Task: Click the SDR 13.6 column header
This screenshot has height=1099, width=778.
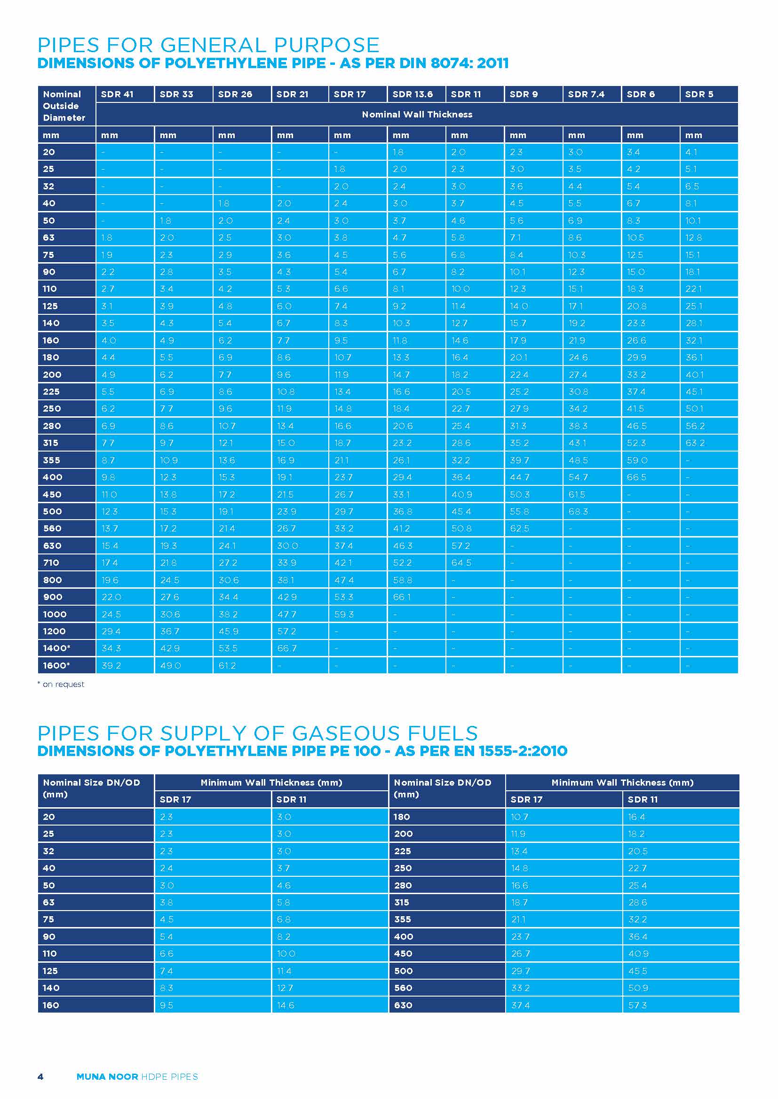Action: point(413,94)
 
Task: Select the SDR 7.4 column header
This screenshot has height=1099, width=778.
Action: point(586,94)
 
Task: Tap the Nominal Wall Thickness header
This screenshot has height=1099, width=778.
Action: point(417,114)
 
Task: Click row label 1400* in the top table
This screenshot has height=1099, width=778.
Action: point(56,648)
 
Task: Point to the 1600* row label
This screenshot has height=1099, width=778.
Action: point(56,665)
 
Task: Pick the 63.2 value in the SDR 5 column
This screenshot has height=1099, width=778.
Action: point(695,443)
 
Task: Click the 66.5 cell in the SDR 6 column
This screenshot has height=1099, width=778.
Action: point(636,477)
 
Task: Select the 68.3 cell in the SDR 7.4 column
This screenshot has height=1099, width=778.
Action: point(578,511)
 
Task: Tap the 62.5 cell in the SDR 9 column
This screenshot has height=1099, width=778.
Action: point(519,529)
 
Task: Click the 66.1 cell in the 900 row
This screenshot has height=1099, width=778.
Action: point(401,597)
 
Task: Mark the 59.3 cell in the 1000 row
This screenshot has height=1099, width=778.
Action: point(343,614)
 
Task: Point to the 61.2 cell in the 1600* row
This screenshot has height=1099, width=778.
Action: point(227,665)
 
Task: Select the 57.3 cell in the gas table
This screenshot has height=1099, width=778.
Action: point(637,1005)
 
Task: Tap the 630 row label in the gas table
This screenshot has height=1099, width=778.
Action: point(403,1005)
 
